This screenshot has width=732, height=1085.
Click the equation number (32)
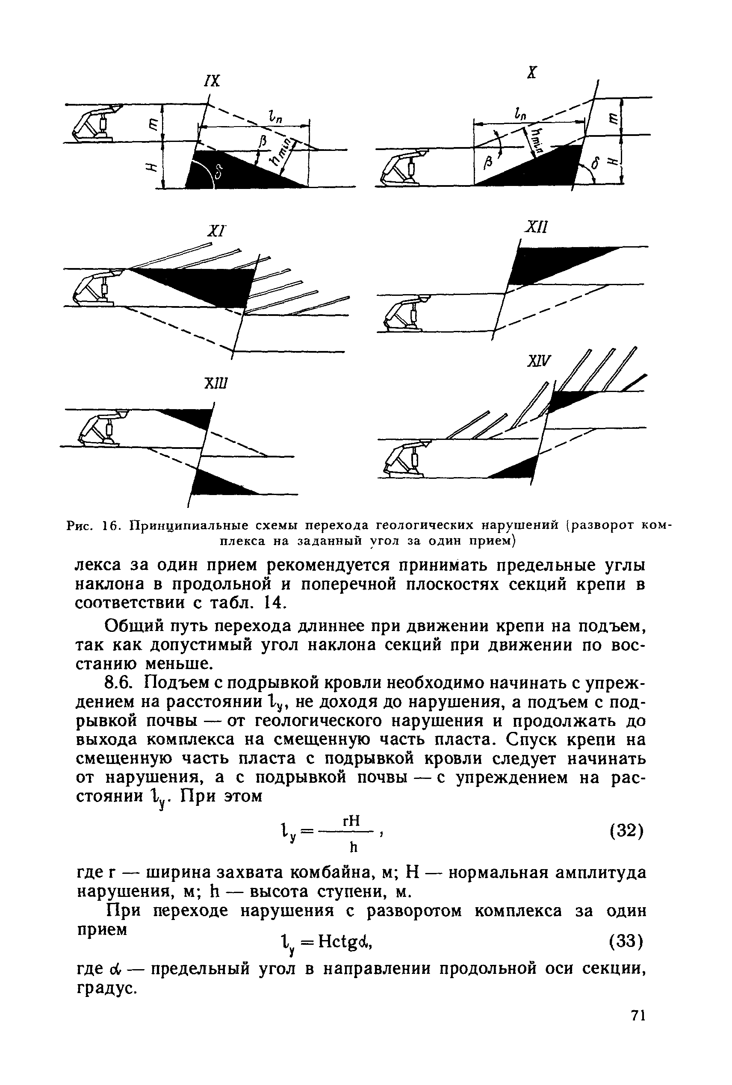(627, 831)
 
